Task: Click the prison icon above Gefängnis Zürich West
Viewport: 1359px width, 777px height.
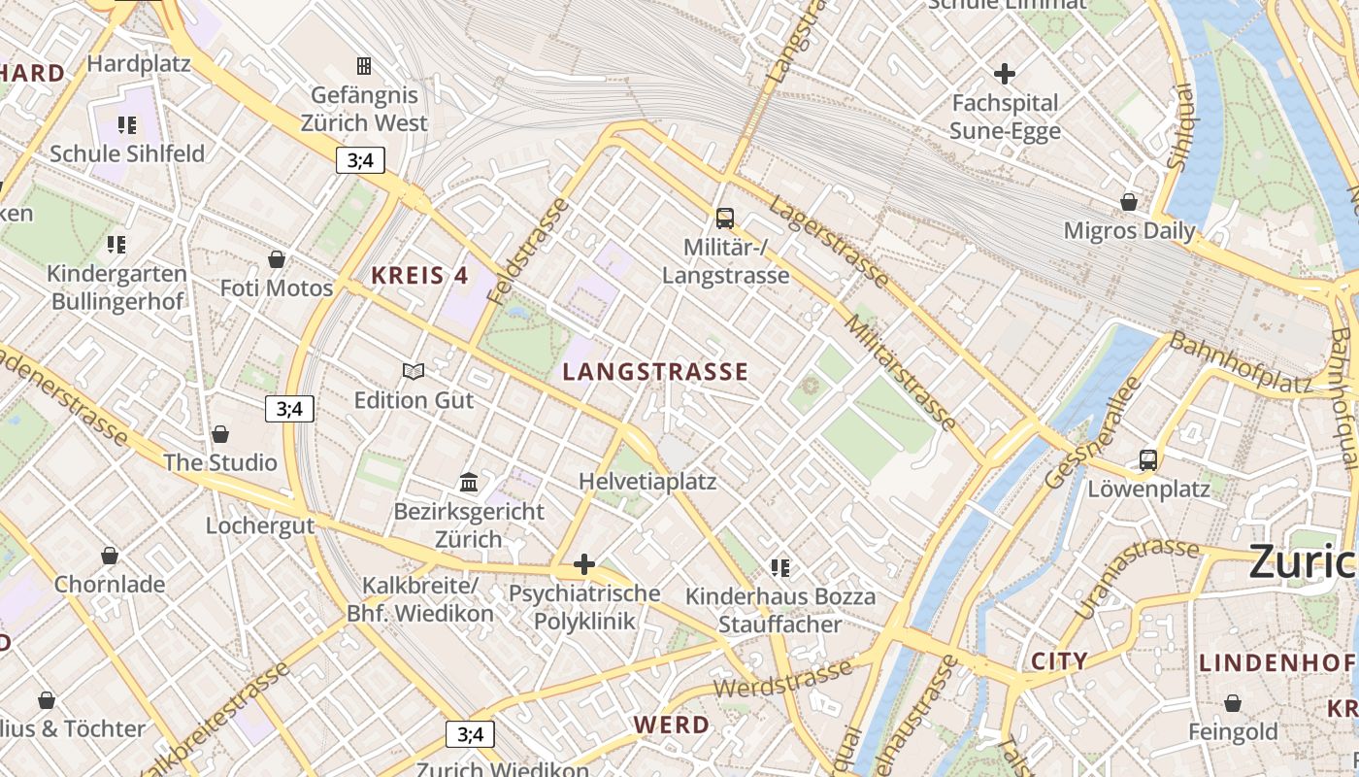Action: coord(364,66)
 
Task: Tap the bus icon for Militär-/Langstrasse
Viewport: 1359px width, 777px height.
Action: coord(725,218)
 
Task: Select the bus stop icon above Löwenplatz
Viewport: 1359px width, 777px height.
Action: coord(1148,459)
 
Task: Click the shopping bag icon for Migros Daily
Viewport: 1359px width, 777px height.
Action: coord(1129,202)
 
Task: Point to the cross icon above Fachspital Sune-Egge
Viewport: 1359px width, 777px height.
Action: coord(1005,73)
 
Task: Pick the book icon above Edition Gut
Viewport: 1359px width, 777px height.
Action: coord(414,371)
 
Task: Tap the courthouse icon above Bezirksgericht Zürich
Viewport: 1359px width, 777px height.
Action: coord(469,482)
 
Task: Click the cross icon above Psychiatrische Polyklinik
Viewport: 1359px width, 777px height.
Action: coord(583,564)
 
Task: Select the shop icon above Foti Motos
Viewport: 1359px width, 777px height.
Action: coord(277,259)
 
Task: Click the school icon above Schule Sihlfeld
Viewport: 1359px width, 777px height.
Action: coord(127,125)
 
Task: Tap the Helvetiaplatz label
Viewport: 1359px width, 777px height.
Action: coord(646,482)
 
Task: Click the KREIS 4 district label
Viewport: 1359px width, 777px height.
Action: coord(419,276)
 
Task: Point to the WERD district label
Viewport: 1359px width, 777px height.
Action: coord(672,725)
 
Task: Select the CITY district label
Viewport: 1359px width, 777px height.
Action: coord(1059,661)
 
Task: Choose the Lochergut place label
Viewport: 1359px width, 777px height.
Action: coord(260,525)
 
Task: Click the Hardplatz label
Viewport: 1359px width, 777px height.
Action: coord(139,64)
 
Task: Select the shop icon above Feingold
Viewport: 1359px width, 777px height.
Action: coord(1233,703)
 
